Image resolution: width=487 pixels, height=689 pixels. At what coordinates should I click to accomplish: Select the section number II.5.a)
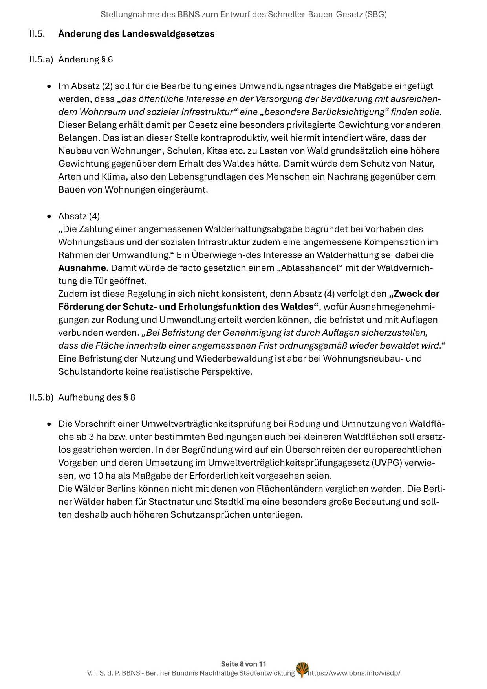pyautogui.click(x=41, y=60)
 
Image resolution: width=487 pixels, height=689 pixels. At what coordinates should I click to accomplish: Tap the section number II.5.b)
pyautogui.click(x=41, y=397)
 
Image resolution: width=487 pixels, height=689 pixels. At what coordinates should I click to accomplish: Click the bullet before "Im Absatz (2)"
pyautogui.click(x=49, y=86)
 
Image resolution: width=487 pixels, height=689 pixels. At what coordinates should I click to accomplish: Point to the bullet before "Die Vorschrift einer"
pyautogui.click(x=49, y=424)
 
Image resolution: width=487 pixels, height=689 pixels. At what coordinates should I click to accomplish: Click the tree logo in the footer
pyautogui.click(x=302, y=669)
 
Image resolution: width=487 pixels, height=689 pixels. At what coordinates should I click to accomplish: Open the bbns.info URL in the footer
pyautogui.click(x=354, y=673)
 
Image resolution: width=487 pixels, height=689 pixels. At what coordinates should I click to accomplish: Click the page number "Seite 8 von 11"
pyautogui.click(x=243, y=664)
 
